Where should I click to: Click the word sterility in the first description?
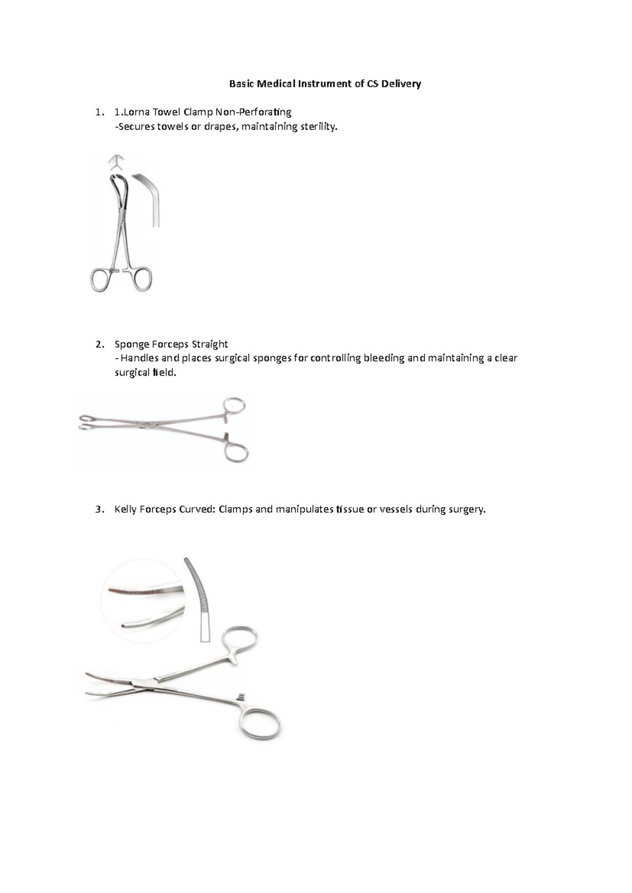(x=318, y=126)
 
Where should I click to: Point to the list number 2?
(x=100, y=344)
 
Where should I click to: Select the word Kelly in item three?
(x=126, y=509)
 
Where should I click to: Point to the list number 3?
(x=100, y=509)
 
